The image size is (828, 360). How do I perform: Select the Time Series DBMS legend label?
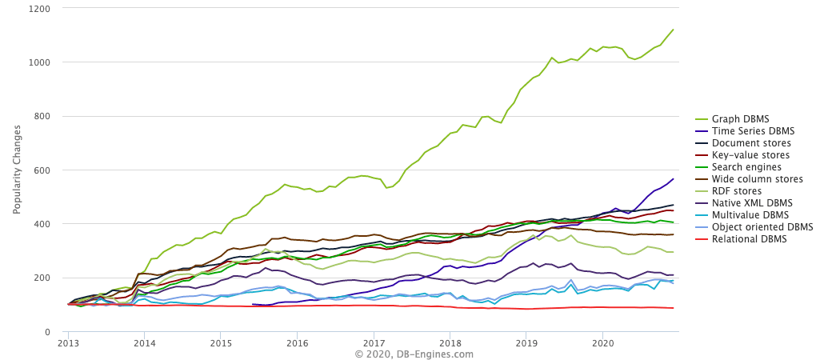coord(748,131)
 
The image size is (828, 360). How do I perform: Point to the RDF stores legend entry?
coord(737,191)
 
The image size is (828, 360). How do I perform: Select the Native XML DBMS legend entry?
coord(747,203)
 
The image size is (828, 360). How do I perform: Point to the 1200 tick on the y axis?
coord(40,9)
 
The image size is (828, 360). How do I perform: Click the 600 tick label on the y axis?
coord(43,170)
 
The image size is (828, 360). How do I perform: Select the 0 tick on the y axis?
coord(49,332)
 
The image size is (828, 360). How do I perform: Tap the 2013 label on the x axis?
coord(68,342)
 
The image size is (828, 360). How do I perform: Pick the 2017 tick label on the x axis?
coord(374,342)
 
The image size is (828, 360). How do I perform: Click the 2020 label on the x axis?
coord(602,342)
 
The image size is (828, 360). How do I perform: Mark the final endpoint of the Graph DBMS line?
coord(673,30)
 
